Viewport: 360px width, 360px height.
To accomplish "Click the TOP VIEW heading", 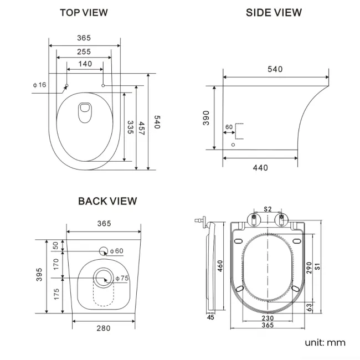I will pyautogui.click(x=84, y=12).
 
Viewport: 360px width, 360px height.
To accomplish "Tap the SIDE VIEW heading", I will pyautogui.click(x=274, y=12).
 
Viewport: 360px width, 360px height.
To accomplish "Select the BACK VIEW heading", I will pyautogui.click(x=107, y=201).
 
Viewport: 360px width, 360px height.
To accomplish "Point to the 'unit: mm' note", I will pyautogui.click(x=325, y=342).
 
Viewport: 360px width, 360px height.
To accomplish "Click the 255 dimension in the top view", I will pyautogui.click(x=84, y=52).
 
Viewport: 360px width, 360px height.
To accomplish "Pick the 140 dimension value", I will pyautogui.click(x=85, y=64).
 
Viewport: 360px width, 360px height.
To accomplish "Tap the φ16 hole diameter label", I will pyautogui.click(x=39, y=85).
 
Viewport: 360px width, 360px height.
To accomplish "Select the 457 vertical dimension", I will pyautogui.click(x=143, y=131).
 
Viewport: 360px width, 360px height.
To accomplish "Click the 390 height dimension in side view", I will pyautogui.click(x=206, y=117).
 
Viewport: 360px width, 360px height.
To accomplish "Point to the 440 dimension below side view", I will pyautogui.click(x=260, y=168).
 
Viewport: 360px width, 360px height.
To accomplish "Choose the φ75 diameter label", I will pyautogui.click(x=122, y=279).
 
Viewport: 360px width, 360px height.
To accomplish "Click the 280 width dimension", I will pyautogui.click(x=103, y=328).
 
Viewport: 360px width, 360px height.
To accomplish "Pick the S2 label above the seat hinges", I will pyautogui.click(x=268, y=209).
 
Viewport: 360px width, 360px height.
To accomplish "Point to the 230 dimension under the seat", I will pyautogui.click(x=268, y=318).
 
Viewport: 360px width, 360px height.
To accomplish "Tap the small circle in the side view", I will pyautogui.click(x=233, y=145).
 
